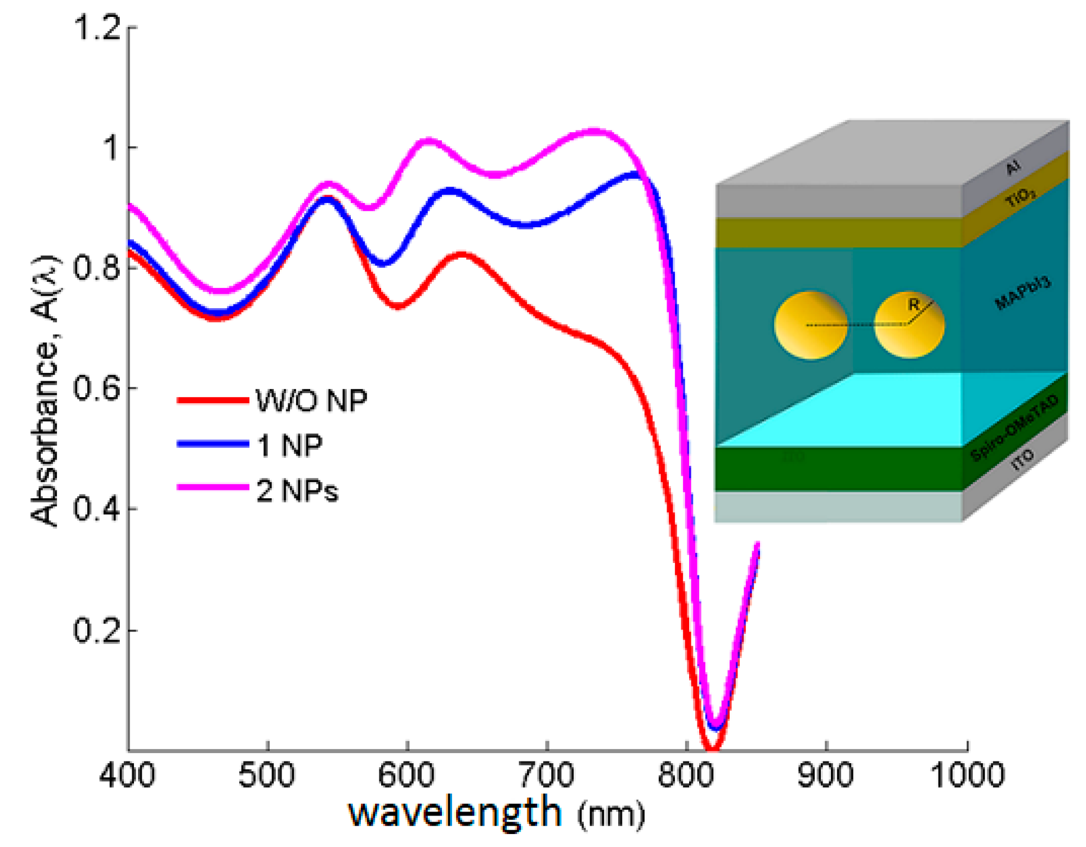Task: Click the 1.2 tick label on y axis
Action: [x=97, y=27]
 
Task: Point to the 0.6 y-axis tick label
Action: [x=97, y=389]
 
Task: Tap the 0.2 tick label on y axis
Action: [x=97, y=630]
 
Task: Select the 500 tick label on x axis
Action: [x=266, y=775]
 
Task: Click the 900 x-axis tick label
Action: [x=825, y=775]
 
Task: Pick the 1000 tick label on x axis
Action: [x=967, y=775]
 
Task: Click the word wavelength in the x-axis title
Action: [x=455, y=813]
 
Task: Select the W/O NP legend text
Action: [x=311, y=401]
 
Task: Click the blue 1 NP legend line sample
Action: [x=213, y=444]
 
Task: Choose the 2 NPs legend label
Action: [x=297, y=491]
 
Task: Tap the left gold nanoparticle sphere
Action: [x=811, y=325]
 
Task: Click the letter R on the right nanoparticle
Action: [x=913, y=305]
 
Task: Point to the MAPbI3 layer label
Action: [x=1023, y=292]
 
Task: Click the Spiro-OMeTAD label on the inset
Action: [x=1014, y=429]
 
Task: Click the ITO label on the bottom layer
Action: [x=1023, y=459]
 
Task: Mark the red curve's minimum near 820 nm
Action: [x=712, y=748]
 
